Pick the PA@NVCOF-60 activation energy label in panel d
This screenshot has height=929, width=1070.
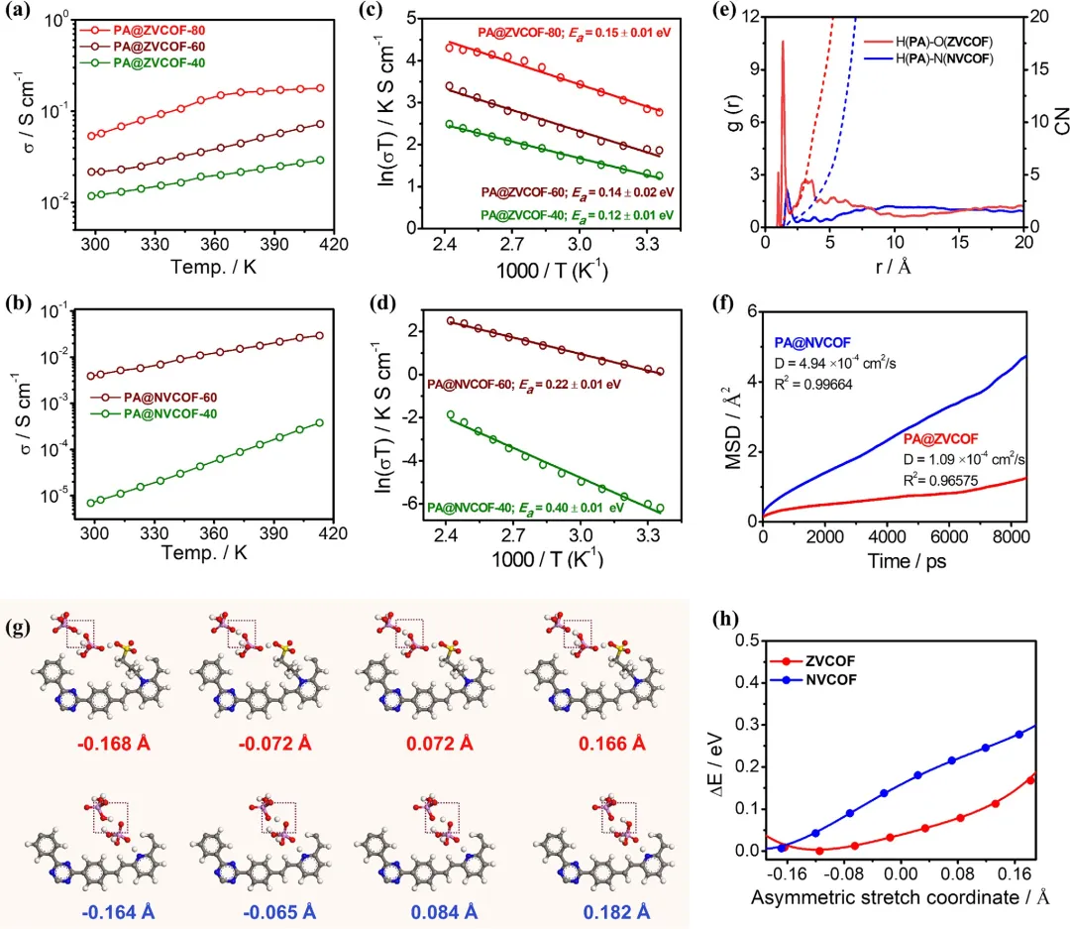click(x=523, y=383)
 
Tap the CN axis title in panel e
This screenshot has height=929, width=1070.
click(x=1053, y=122)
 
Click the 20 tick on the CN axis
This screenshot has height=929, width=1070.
click(x=1044, y=18)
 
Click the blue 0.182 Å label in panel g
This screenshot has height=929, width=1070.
click(x=606, y=904)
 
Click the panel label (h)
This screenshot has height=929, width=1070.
click(x=729, y=622)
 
